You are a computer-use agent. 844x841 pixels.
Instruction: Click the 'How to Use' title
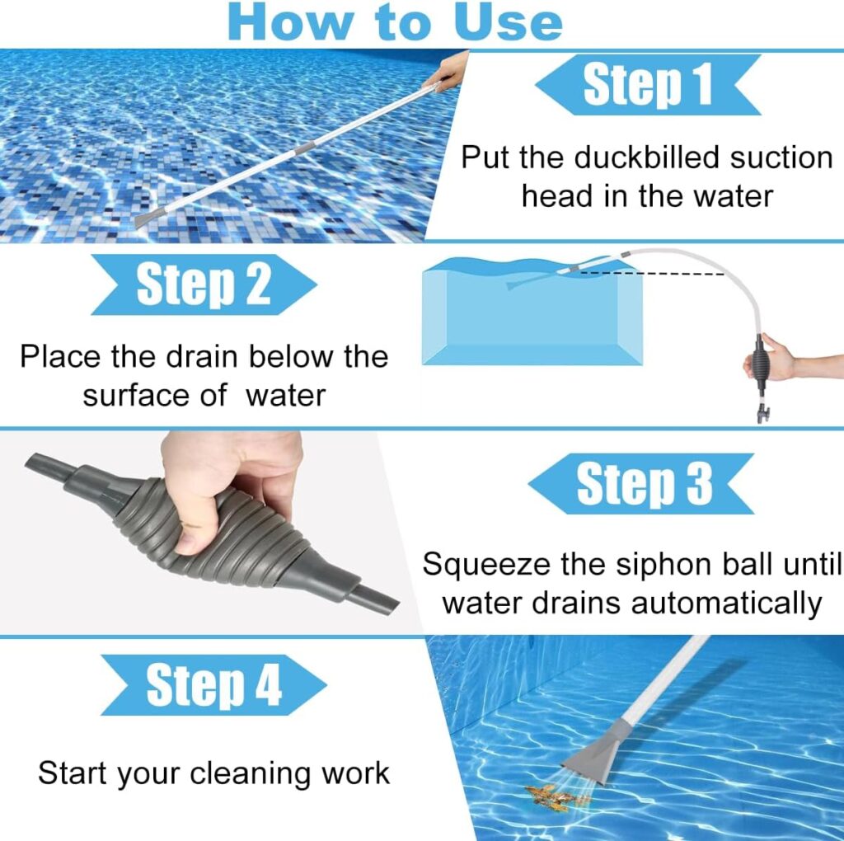[396, 23]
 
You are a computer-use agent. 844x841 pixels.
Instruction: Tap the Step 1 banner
[648, 86]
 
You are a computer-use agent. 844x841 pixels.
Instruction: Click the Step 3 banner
[644, 483]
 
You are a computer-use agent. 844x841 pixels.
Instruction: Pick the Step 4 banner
[213, 684]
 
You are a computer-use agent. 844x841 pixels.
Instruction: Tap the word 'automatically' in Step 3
[726, 603]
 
